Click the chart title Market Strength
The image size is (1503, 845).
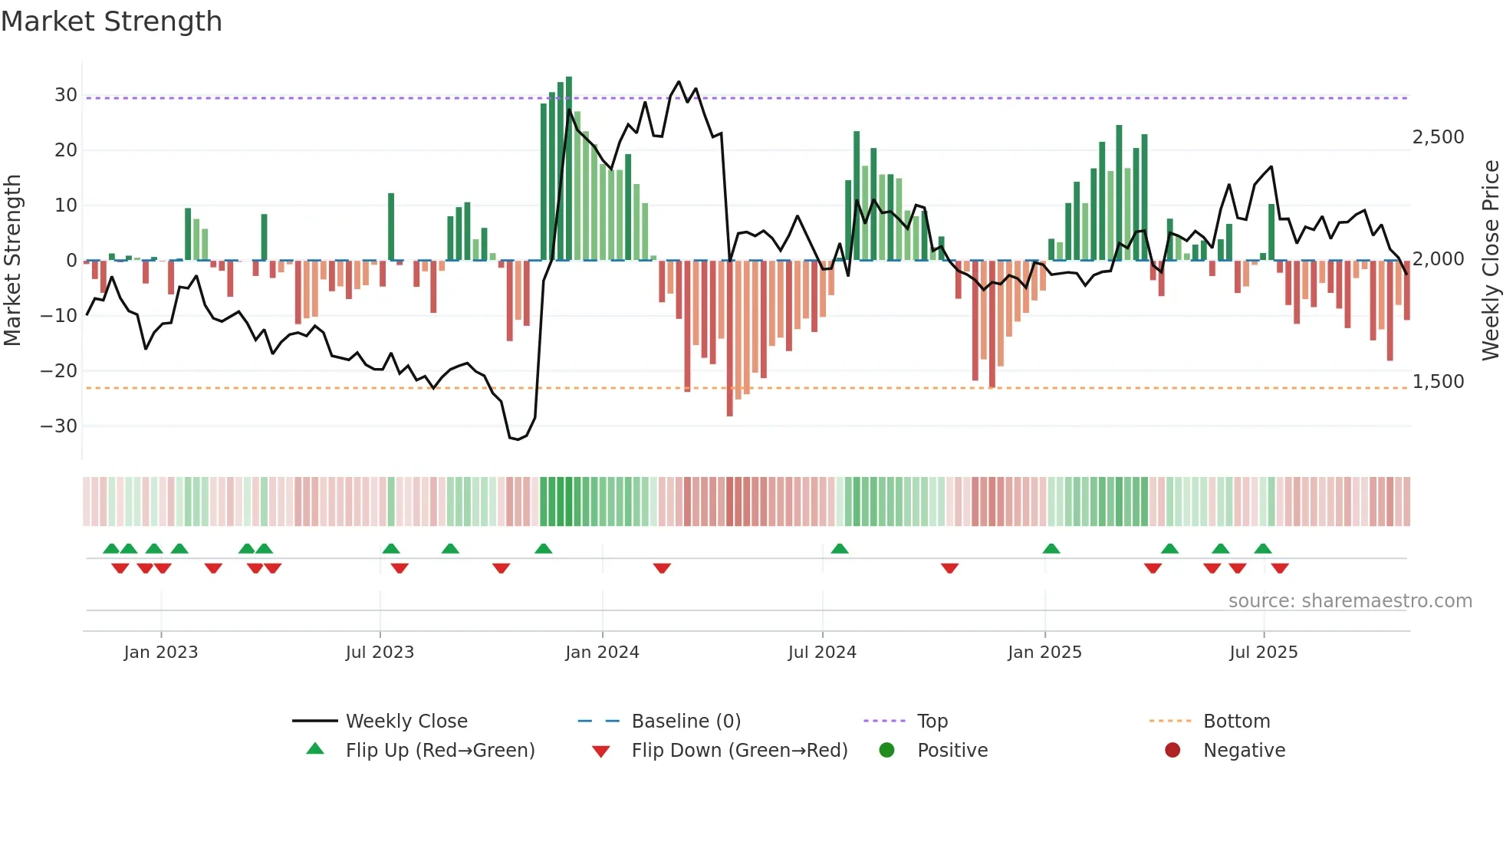tap(111, 21)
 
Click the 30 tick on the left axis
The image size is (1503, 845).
tap(65, 95)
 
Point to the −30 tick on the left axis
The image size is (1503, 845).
tap(59, 426)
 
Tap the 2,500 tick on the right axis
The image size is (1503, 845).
tap(1438, 137)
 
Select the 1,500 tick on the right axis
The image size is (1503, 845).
tap(1438, 382)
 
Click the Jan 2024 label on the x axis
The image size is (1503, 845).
tap(602, 653)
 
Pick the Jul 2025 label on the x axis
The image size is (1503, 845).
tap(1263, 653)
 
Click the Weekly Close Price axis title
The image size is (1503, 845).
tap(1490, 261)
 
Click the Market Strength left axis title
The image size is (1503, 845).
tap(13, 261)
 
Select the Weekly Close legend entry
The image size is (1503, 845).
tap(406, 722)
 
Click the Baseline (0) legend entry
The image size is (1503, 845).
tap(686, 722)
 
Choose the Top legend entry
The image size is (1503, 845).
tap(932, 722)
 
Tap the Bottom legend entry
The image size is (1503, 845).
tap(1236, 722)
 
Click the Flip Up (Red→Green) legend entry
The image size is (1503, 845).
tap(439, 751)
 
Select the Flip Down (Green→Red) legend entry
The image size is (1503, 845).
tap(739, 751)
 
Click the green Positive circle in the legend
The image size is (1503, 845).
tap(887, 751)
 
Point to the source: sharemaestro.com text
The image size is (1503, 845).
tap(1350, 601)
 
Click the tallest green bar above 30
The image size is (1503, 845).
tap(569, 169)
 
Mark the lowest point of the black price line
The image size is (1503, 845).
tap(518, 439)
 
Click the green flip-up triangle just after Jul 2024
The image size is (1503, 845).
tap(840, 549)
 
